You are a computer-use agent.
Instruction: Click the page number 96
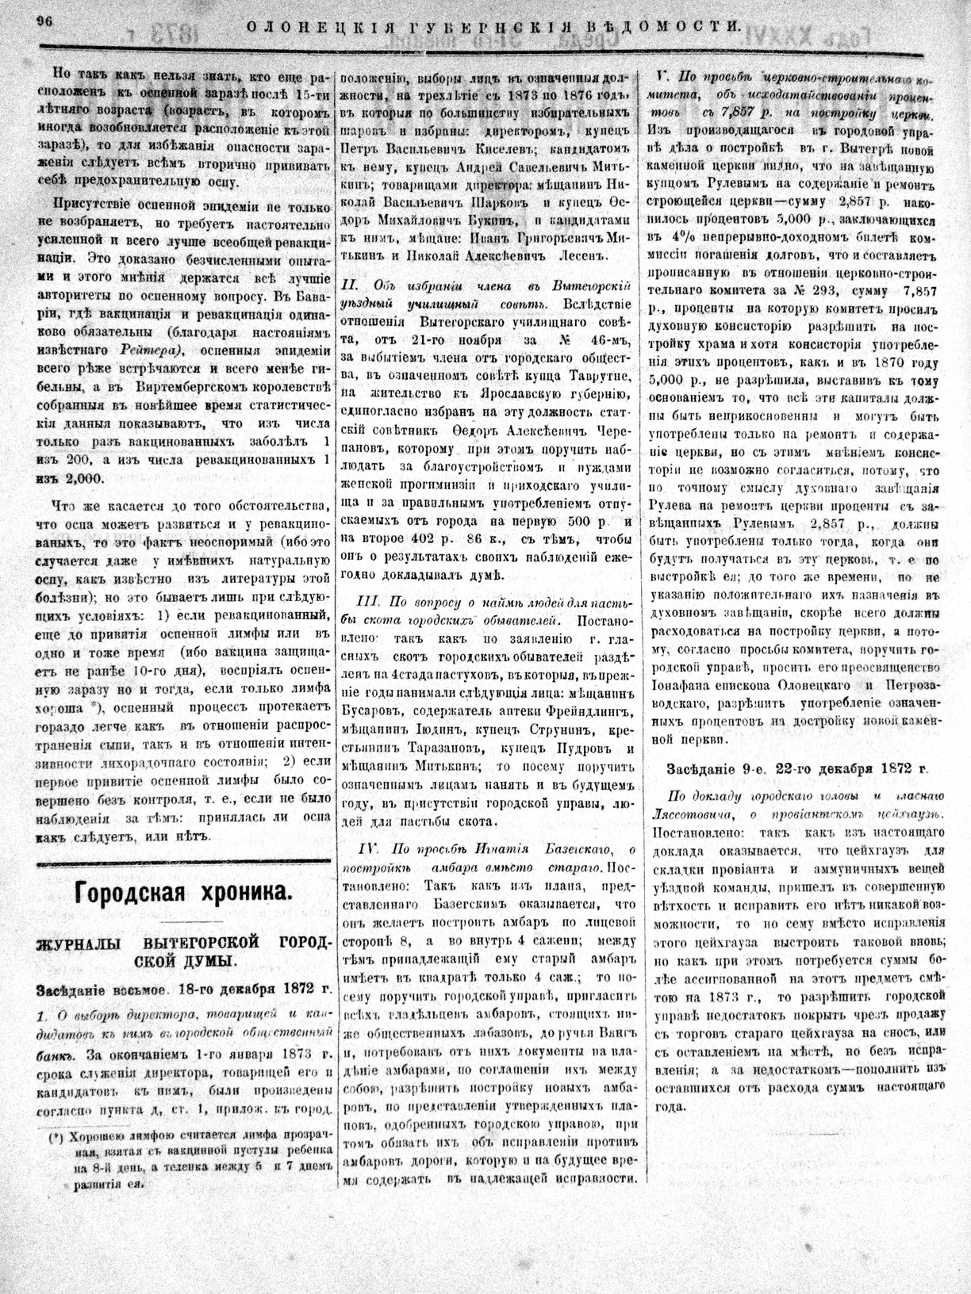43,23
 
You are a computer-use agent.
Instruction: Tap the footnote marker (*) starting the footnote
55,1137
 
